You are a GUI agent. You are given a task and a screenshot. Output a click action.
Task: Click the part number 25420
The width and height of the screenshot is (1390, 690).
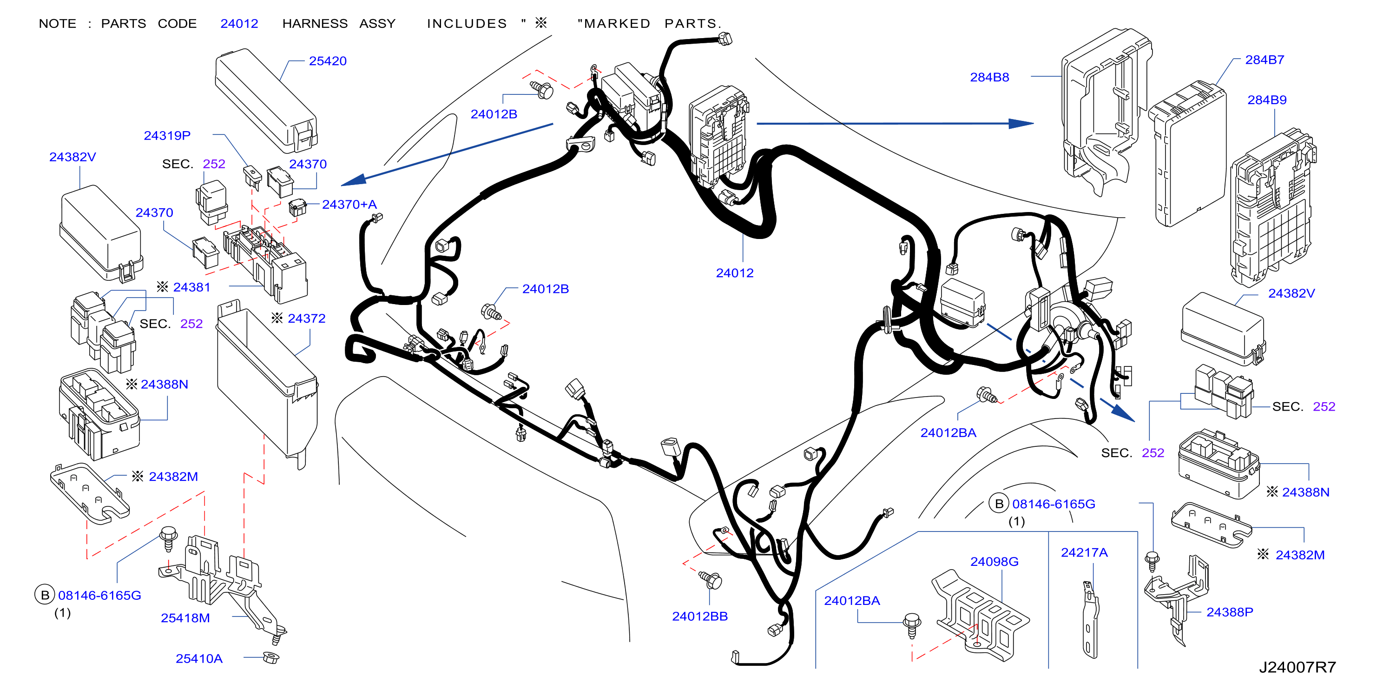click(328, 61)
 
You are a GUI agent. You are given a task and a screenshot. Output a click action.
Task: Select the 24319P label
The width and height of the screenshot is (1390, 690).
click(167, 135)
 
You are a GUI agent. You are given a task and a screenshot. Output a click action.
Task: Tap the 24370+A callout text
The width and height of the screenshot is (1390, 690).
click(349, 205)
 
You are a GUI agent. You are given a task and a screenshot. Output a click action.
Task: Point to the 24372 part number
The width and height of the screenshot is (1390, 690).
click(307, 318)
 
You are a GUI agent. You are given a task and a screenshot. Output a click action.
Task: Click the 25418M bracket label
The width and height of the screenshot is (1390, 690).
click(185, 618)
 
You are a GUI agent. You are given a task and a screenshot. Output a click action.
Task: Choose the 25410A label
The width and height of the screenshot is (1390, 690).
click(199, 659)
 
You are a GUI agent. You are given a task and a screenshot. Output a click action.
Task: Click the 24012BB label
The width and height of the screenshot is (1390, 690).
click(700, 617)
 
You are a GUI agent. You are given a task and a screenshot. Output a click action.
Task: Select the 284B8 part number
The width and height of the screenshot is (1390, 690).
click(989, 77)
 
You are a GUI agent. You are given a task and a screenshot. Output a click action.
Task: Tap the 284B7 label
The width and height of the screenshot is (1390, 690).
click(1265, 60)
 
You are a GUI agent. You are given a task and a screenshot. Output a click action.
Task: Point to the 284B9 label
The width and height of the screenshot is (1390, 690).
click(1267, 100)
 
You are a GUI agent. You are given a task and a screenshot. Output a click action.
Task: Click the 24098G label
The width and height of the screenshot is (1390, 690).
click(995, 562)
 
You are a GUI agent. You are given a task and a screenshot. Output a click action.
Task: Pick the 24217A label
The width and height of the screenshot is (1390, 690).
click(1084, 553)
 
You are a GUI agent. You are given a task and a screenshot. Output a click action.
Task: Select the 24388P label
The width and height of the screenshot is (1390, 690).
click(1230, 612)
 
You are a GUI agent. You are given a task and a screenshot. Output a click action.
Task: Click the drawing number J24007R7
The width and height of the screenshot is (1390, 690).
click(1298, 668)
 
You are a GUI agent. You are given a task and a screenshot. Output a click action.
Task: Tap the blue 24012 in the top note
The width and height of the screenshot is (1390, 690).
click(239, 24)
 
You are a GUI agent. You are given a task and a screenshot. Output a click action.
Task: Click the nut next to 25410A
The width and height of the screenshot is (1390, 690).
click(271, 657)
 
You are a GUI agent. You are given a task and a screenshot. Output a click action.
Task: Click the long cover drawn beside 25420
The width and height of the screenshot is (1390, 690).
click(266, 101)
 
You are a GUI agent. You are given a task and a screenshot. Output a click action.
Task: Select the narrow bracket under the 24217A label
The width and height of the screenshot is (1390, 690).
click(1090, 620)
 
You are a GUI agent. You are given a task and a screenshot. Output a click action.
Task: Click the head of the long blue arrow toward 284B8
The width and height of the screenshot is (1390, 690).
click(1021, 124)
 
